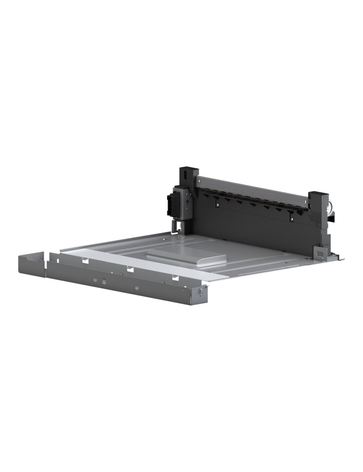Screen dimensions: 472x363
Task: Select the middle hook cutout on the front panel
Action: tap(130, 269)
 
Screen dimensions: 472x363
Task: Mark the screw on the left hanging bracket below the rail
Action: tap(217, 204)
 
